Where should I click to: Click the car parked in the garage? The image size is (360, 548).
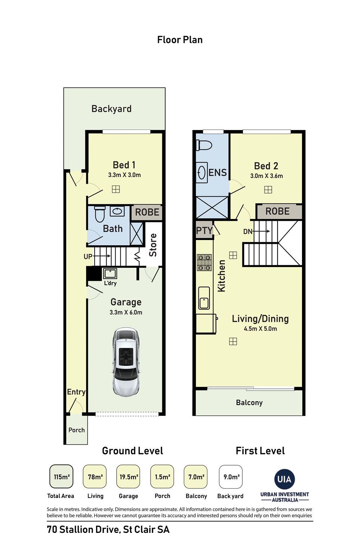point(126,362)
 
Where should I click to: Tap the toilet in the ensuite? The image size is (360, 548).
point(204,145)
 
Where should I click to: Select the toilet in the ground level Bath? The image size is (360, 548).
point(100,214)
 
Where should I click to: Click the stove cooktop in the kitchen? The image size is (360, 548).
point(204,263)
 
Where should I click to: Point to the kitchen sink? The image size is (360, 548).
point(204,298)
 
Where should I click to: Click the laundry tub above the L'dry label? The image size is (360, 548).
point(110,274)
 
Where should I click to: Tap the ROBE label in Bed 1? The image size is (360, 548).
point(147,212)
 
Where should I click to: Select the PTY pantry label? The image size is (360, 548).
point(204,231)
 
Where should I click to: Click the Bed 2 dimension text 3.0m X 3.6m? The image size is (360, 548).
point(266,176)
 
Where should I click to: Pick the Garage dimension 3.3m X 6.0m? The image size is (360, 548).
point(126,312)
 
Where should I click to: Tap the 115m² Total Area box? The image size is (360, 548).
point(61,477)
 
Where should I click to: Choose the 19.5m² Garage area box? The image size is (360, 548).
point(128,477)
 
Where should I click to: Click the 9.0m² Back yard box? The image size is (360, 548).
point(231,477)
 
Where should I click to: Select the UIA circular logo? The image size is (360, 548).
point(284,479)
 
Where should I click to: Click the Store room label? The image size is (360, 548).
point(153,245)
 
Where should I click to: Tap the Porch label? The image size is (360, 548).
point(76,430)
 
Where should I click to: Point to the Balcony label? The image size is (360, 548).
point(249,403)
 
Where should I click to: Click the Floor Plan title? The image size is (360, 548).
point(180,40)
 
